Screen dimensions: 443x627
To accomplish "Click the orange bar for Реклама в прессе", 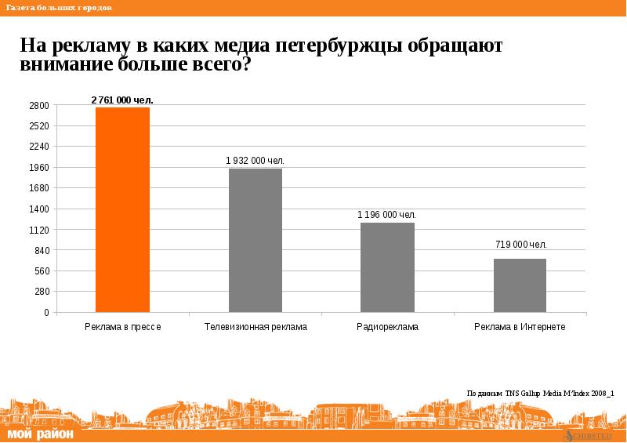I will [122, 209].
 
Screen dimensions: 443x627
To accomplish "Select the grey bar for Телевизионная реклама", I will [256, 241].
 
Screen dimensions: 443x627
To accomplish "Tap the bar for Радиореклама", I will [387, 267].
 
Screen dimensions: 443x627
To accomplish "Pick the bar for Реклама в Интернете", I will [520, 285].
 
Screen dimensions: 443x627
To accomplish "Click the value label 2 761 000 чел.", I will [122, 100].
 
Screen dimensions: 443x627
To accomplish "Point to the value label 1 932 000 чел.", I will [256, 161].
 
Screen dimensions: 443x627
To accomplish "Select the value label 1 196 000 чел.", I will [387, 215].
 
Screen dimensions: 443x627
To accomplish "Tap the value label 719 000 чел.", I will [520, 245].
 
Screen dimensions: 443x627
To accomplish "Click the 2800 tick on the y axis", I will [40, 106].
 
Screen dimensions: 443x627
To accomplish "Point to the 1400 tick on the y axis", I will [40, 209].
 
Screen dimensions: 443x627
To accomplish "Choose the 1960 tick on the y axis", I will [40, 168].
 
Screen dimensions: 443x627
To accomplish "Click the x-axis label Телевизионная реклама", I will [256, 326].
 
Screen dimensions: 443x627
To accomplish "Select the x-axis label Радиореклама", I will [387, 326].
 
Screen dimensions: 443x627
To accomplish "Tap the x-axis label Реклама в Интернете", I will [520, 326].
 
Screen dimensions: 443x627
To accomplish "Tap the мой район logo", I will [41, 434].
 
